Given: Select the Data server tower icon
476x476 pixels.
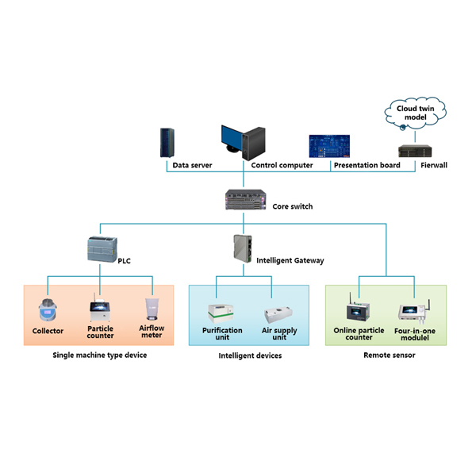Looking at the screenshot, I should [x=167, y=143].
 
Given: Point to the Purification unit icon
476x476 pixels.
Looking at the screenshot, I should [x=221, y=312].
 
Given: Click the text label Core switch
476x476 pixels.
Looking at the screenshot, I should [x=293, y=206].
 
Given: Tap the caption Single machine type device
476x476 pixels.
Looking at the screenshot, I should [x=99, y=355].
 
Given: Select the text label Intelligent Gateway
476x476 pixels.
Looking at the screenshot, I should [x=290, y=260].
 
